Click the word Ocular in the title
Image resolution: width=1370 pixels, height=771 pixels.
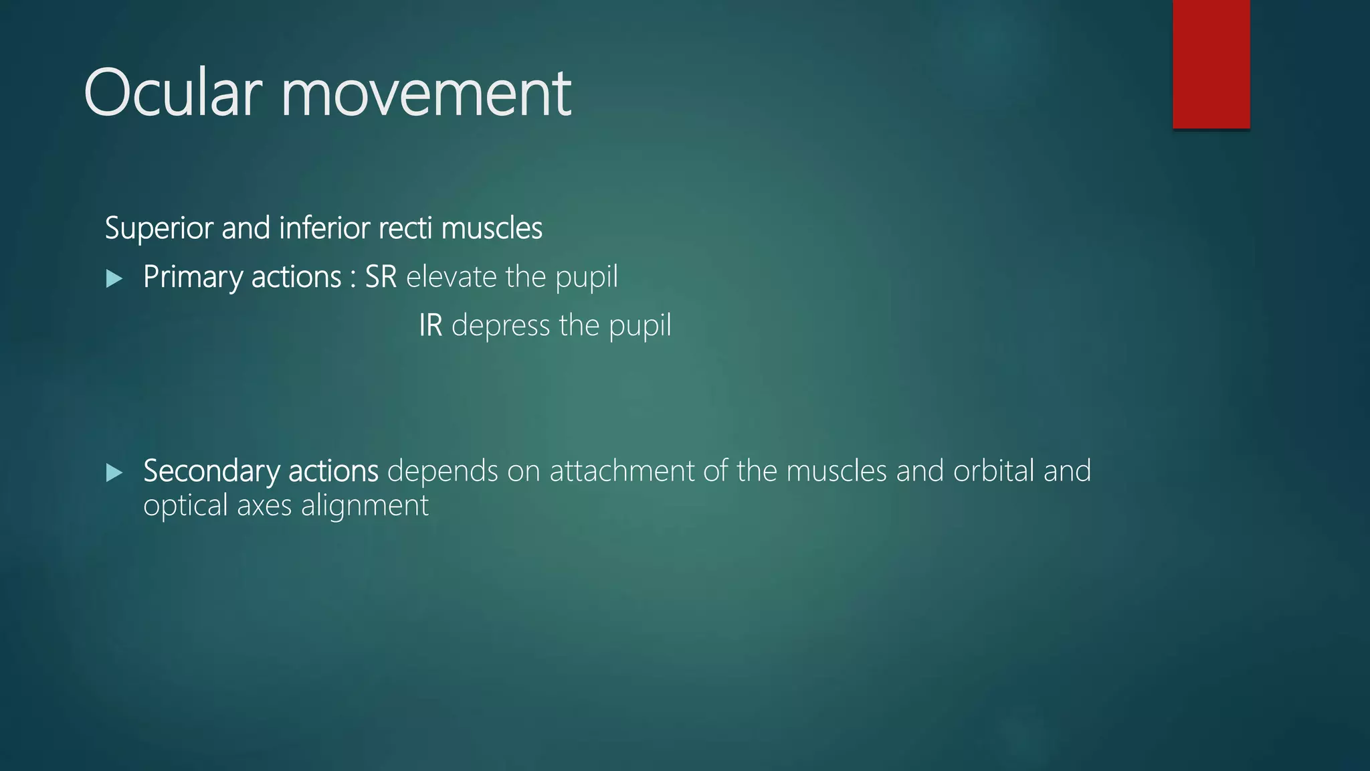(x=172, y=93)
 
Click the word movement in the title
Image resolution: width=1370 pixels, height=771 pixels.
(x=426, y=93)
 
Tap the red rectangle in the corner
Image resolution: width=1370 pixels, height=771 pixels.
(x=1211, y=64)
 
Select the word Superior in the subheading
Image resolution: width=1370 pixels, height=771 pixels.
(x=159, y=228)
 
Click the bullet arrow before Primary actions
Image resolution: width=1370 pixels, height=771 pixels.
(x=114, y=278)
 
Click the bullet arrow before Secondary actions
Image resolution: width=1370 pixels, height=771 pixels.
(x=114, y=473)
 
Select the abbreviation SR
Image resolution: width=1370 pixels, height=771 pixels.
(x=381, y=277)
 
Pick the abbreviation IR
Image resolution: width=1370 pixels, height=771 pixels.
(x=431, y=326)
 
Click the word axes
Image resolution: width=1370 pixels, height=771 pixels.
(x=264, y=506)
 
